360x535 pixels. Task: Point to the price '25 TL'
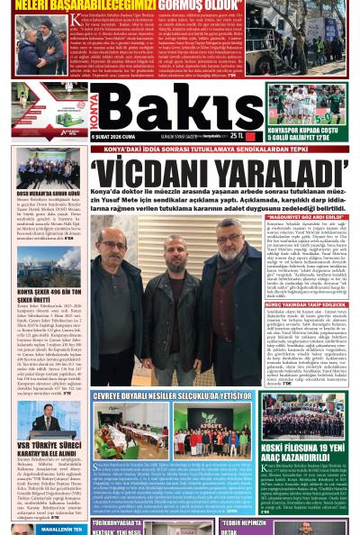click(x=238, y=136)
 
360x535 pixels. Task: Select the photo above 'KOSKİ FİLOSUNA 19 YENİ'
click(x=303, y=422)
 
